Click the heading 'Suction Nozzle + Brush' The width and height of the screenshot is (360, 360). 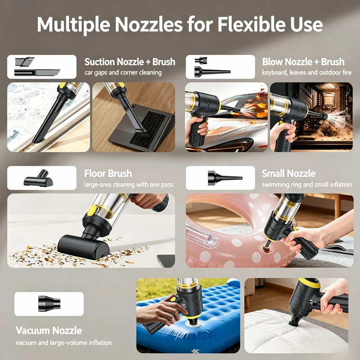click(130, 62)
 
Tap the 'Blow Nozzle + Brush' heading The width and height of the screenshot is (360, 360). click(303, 62)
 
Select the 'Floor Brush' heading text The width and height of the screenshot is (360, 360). click(108, 173)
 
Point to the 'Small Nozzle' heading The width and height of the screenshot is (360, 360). click(288, 173)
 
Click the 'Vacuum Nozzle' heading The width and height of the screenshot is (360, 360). click(49, 330)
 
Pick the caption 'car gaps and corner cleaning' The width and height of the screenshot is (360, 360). click(123, 72)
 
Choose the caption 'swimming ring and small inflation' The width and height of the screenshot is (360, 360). click(307, 184)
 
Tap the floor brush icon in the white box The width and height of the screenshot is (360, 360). click(39, 178)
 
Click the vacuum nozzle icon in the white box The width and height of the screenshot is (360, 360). click(49, 304)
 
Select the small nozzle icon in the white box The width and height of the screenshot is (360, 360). click(225, 178)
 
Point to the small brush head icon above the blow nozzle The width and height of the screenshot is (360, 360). click(201, 61)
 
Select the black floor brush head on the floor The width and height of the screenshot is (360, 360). click(84, 247)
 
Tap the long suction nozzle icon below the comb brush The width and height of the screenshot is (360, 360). click(37, 73)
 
